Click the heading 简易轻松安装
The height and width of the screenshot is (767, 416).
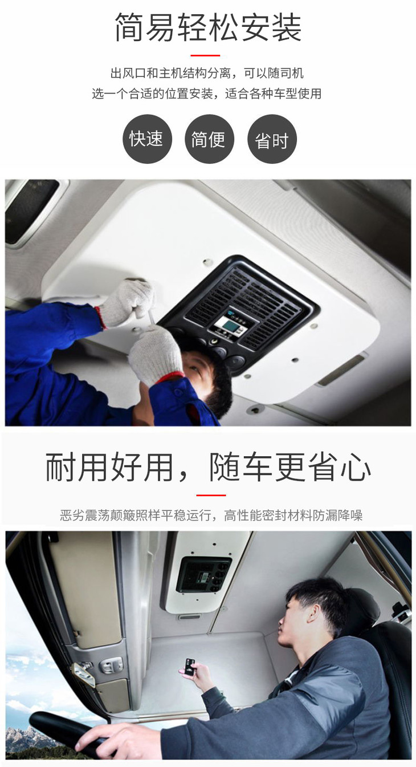[208, 27]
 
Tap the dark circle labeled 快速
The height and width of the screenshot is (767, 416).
[147, 139]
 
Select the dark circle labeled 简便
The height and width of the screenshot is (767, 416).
[209, 139]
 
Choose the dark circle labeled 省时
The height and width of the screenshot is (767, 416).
[272, 139]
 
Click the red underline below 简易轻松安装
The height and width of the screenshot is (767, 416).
[205, 55]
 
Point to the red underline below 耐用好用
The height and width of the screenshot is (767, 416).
[211, 495]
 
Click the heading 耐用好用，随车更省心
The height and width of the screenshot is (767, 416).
[208, 467]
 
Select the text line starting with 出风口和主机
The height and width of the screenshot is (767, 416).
[207, 73]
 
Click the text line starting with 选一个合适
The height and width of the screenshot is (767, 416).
[207, 94]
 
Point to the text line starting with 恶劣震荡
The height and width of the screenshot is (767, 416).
[211, 515]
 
